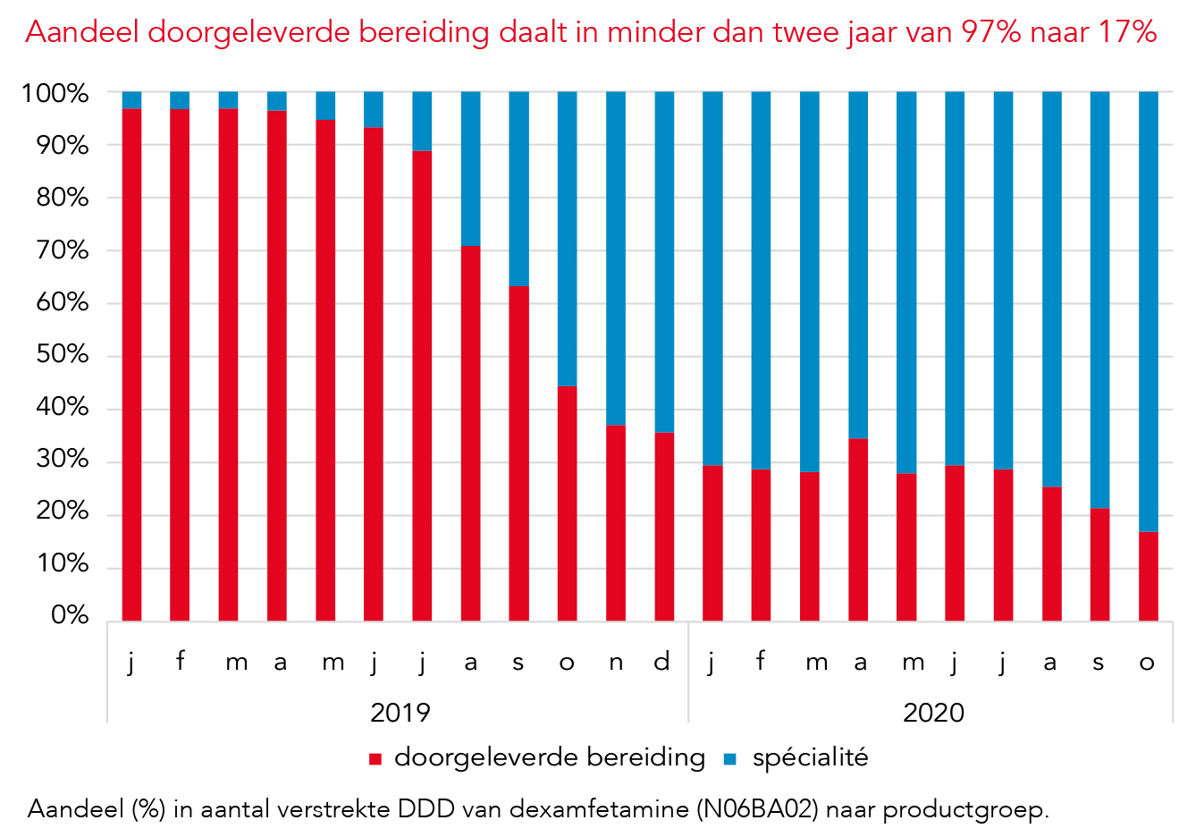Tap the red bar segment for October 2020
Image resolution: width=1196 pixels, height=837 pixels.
coord(1148,577)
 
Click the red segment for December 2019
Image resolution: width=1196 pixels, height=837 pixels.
coord(664,527)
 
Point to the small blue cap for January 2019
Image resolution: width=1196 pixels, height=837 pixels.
coord(131,100)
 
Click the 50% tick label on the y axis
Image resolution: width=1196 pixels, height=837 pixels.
coord(63,355)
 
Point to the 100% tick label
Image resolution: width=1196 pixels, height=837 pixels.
coord(55,93)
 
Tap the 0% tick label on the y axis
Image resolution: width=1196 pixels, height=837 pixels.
coord(70,616)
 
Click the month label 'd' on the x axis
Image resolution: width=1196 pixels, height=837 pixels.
coord(662,662)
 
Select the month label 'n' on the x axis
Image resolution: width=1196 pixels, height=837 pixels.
coord(616,663)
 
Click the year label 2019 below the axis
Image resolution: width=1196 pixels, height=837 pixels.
coord(400,713)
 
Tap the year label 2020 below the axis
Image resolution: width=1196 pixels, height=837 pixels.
coord(933,713)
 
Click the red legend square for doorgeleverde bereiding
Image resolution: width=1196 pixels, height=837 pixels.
coord(375,759)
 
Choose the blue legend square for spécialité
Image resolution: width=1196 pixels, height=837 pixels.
coord(730,759)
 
